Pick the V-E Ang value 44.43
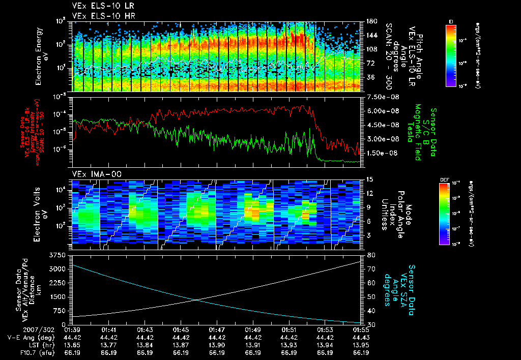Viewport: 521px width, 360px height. click(361, 337)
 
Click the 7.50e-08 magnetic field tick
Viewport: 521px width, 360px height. click(381, 97)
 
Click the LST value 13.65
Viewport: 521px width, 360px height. click(73, 345)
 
